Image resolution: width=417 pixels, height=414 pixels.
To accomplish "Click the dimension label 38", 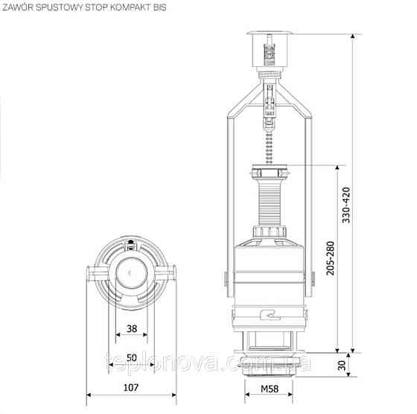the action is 132,329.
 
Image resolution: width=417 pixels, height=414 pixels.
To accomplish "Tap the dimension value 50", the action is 132,357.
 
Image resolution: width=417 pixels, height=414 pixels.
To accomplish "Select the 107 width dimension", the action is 131,387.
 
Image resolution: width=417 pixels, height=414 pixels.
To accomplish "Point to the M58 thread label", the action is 270,389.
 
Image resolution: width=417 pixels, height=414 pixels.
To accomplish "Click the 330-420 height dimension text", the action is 346,205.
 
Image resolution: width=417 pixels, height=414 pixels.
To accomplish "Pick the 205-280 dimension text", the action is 331,258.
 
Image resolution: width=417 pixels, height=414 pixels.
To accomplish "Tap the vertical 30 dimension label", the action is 342,366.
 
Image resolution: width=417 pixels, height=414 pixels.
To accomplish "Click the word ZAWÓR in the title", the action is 18,7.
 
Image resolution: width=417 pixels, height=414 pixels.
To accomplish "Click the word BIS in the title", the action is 160,7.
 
